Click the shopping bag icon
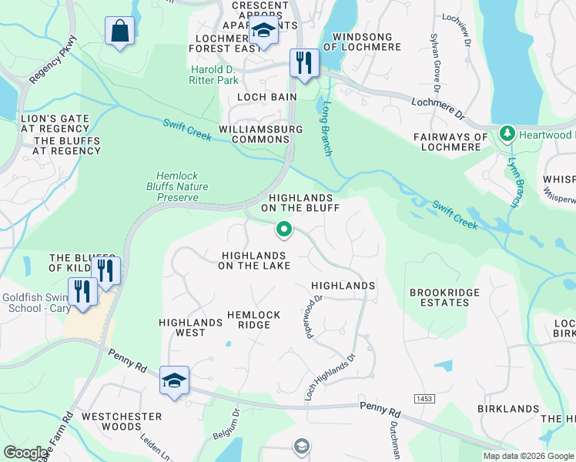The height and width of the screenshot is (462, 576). pos(119,32)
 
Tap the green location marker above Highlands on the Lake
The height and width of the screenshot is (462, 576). pos(284,229)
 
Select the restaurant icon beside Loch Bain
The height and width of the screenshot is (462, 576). pos(304,62)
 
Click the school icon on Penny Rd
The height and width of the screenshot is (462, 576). pos(175,380)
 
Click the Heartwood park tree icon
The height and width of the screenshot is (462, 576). pos(507,134)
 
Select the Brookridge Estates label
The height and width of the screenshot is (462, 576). pos(444,297)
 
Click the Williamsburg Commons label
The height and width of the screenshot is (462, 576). pos(261,135)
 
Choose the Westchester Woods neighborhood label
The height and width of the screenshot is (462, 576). pos(122,421)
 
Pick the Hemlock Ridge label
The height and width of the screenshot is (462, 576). pos(249,320)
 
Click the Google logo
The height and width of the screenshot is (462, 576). pos(25,453)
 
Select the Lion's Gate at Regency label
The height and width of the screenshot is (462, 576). pos(55,124)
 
